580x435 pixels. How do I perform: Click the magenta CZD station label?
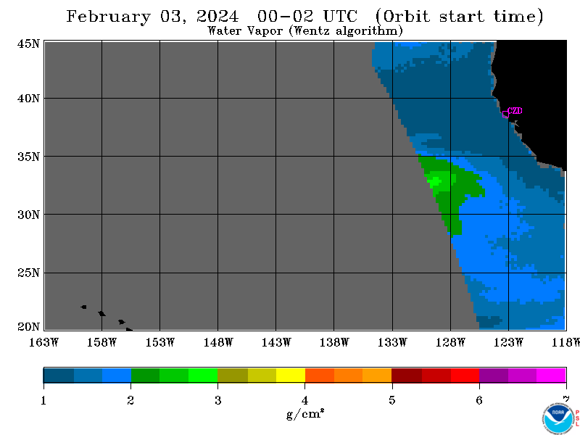[x=515, y=111]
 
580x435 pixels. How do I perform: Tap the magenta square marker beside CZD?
[x=505, y=114]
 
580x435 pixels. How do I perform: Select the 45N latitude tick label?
[x=28, y=44]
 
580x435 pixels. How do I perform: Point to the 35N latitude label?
[x=28, y=157]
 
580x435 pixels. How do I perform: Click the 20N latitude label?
[x=28, y=327]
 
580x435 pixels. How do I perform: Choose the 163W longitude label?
[x=43, y=342]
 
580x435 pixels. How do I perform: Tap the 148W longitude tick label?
[x=218, y=342]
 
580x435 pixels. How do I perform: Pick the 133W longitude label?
[x=392, y=342]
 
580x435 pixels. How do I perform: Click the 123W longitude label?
[x=508, y=342]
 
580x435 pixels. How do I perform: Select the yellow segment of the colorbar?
[x=291, y=375]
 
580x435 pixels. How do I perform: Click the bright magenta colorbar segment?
[x=551, y=375]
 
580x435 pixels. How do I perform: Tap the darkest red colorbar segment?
[x=407, y=375]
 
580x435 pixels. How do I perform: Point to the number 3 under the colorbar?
[x=218, y=400]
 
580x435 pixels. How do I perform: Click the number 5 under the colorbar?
[x=392, y=400]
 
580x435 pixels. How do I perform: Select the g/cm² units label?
[x=305, y=414]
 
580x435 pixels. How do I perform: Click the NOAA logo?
[x=558, y=419]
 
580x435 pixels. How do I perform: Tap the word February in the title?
[x=108, y=17]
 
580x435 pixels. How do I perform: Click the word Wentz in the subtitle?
[x=312, y=30]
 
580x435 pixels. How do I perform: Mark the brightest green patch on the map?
[x=435, y=181]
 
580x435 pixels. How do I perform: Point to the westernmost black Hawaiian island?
[x=84, y=307]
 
